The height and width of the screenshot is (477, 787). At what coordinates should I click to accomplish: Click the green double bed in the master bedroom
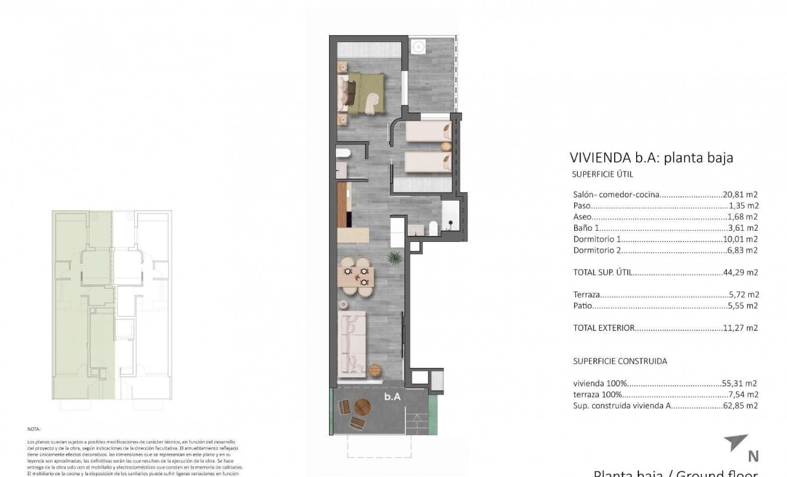pos(365,94)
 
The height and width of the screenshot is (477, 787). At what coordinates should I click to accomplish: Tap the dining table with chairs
pos(357,277)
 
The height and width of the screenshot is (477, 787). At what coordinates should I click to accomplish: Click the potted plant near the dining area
pos(394,258)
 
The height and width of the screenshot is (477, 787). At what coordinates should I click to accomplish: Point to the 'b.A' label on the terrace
pos(392,397)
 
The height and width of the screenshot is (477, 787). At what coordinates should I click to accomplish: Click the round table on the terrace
pos(362,407)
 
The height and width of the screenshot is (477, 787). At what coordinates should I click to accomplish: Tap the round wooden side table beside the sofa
pos(374,370)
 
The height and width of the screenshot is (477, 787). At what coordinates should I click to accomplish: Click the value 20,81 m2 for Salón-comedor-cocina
pos(740,194)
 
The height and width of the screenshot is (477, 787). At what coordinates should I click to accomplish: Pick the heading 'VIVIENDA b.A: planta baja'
pos(651,158)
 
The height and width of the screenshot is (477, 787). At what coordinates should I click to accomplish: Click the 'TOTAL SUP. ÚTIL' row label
pos(602,272)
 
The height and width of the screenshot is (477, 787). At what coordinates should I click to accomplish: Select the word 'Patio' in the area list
pos(584,306)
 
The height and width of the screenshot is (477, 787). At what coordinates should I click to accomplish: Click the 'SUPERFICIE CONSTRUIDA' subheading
pos(620,361)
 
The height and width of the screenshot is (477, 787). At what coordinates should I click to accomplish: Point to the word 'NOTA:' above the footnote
pos(34,429)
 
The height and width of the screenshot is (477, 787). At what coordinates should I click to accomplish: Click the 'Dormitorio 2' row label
pos(597,250)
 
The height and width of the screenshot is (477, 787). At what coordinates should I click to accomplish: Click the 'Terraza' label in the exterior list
pos(587,295)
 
